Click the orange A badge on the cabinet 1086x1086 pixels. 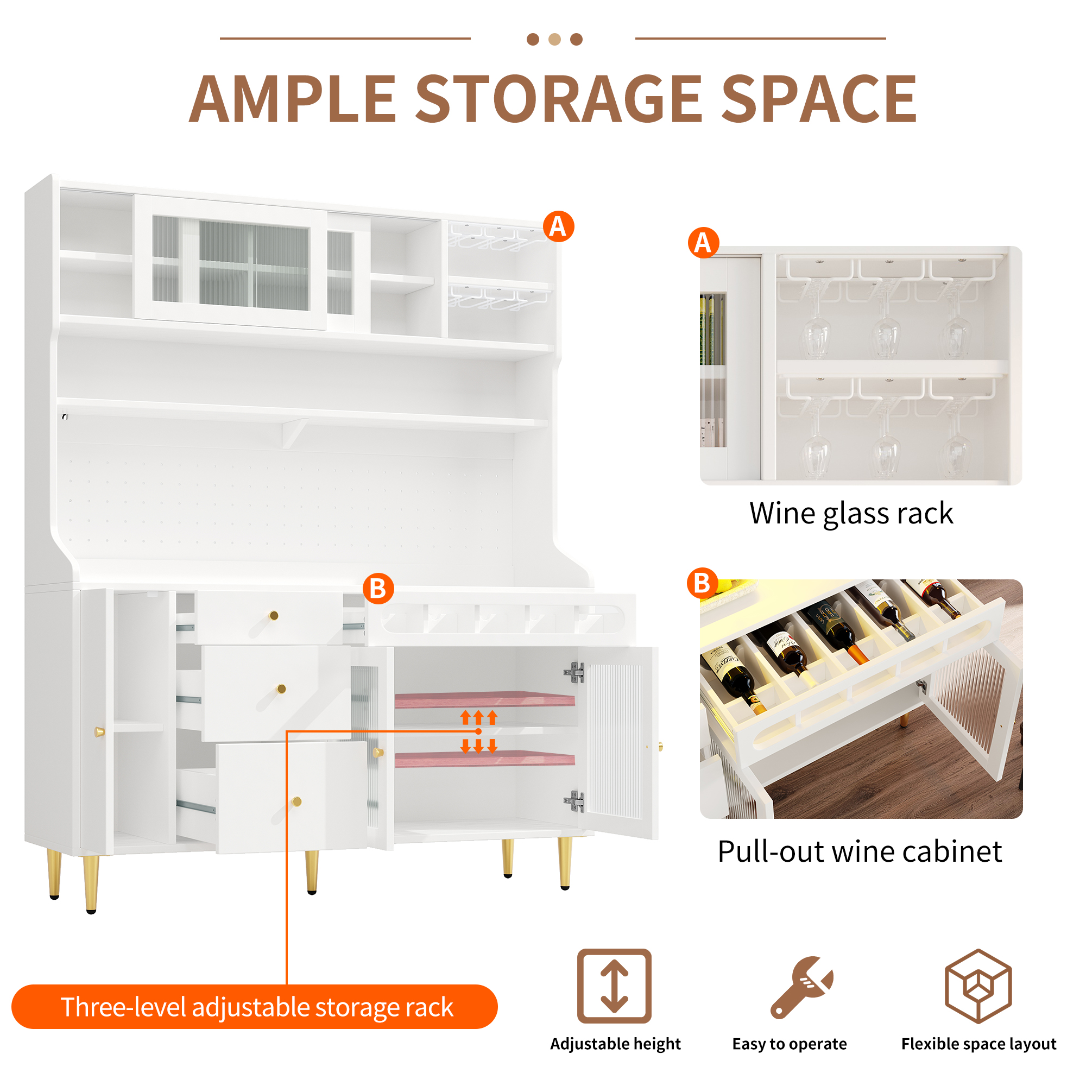tap(558, 226)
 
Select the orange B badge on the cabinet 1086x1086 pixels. tap(378, 589)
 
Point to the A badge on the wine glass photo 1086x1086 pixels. tap(703, 243)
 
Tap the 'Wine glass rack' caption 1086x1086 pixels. tap(851, 513)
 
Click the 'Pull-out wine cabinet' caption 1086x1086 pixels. tap(860, 851)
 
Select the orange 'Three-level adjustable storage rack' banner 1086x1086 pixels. tap(254, 1007)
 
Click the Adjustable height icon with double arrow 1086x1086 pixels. tap(614, 986)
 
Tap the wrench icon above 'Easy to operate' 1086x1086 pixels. tap(801, 987)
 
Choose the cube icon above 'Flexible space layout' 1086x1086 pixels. tap(978, 986)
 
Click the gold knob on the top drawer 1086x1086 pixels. tap(274, 616)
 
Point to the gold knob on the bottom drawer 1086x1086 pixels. tap(297, 801)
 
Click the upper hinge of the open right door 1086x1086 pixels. tap(574, 672)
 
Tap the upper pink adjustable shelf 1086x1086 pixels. tap(484, 699)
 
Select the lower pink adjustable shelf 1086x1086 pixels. tap(484, 759)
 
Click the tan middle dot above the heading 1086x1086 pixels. tap(554, 39)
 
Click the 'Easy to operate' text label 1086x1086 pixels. tap(789, 1044)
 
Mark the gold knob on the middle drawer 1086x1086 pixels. tap(282, 689)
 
